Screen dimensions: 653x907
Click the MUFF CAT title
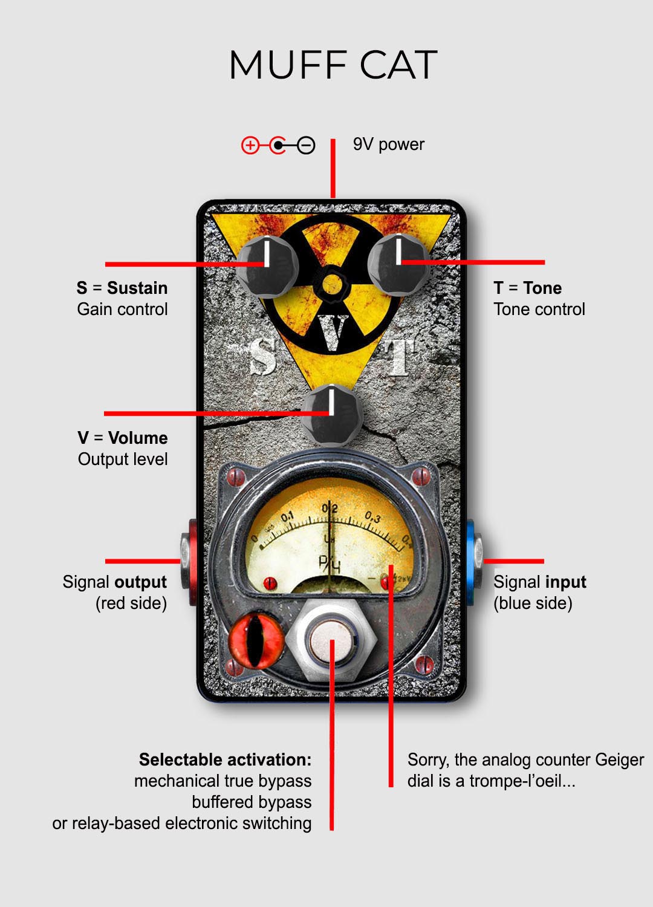333,65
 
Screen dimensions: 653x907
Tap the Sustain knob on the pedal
268,266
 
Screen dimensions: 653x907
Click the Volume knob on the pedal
331,415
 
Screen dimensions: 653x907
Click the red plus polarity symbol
250,145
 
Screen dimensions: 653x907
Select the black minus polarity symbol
306,145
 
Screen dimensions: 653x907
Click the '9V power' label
389,145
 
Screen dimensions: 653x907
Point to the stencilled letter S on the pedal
263,357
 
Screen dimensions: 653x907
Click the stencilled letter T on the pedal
399,357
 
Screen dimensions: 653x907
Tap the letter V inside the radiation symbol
333,331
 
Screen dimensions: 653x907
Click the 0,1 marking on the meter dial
287,517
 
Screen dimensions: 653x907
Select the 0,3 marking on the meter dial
373,516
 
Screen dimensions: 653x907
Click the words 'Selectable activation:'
225,759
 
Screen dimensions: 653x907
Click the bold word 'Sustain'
137,288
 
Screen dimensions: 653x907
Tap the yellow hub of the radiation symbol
332,284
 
